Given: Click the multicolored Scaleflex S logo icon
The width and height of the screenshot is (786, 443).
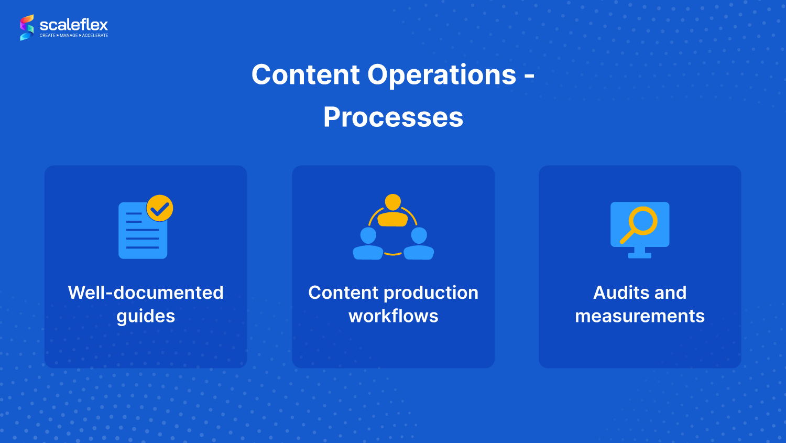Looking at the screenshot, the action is (27, 27).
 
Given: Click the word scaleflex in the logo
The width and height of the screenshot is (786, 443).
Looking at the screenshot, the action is (74, 25).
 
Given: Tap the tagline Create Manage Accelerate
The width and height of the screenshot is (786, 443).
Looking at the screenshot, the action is (74, 36).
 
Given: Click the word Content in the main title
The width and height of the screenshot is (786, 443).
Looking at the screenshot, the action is (305, 75).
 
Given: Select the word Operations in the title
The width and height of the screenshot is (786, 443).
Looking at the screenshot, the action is (442, 75).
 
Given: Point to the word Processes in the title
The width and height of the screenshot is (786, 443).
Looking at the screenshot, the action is (393, 117).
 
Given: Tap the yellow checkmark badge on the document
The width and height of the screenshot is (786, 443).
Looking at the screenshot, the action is (160, 208).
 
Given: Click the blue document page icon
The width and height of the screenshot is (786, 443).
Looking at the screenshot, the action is (143, 231).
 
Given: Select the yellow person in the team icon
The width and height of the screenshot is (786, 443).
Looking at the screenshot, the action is (392, 211).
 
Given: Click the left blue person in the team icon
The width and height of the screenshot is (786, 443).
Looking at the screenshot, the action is (368, 244).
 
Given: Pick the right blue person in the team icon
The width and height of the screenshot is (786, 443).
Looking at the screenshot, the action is (419, 244).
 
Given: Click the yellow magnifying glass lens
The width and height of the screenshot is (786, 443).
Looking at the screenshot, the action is (643, 221).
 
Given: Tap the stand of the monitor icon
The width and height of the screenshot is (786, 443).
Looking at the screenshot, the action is (639, 253).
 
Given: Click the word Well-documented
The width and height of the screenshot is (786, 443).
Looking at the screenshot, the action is (146, 293).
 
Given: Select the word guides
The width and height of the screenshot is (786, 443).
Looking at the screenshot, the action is (146, 317).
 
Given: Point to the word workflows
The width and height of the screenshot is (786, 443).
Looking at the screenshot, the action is (394, 316).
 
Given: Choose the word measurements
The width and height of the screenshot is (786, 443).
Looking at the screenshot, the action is (640, 316).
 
